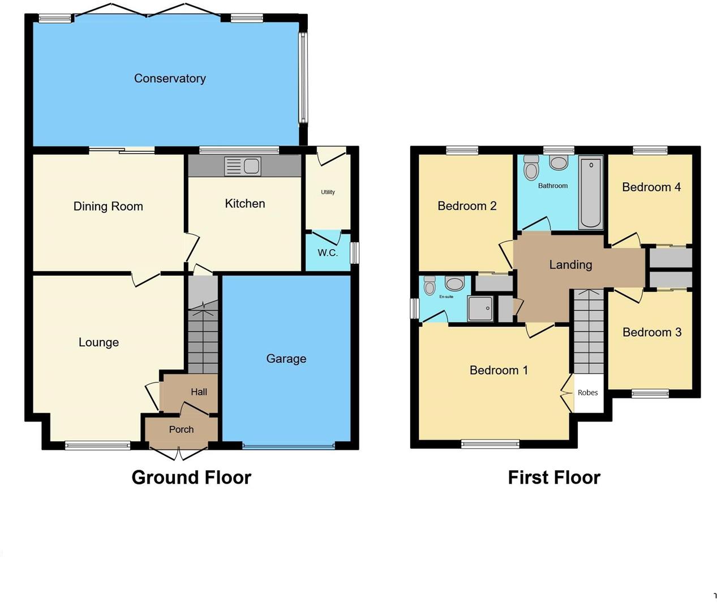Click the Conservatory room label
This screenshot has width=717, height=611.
[170, 79]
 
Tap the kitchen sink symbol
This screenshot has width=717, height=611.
[243, 166]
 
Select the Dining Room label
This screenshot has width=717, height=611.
[108, 206]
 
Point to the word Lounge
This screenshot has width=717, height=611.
[98, 342]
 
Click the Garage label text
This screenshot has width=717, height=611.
[286, 359]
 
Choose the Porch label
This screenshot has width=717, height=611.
[181, 429]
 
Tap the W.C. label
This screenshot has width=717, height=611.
[328, 253]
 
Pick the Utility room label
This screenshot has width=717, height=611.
[328, 192]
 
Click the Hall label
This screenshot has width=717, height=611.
[199, 392]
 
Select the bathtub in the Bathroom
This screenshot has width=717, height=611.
[591, 193]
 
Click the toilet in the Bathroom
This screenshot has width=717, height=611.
[531, 167]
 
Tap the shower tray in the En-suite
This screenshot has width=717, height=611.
[480, 308]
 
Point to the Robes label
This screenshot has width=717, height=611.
[588, 393]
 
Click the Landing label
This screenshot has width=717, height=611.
[570, 265]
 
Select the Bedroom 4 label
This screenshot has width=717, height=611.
[651, 187]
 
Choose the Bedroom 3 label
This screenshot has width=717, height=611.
[652, 332]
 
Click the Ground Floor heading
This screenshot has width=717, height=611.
[191, 477]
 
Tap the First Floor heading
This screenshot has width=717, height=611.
[554, 477]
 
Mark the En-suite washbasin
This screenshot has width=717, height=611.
[454, 283]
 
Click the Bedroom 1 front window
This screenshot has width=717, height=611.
[490, 444]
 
